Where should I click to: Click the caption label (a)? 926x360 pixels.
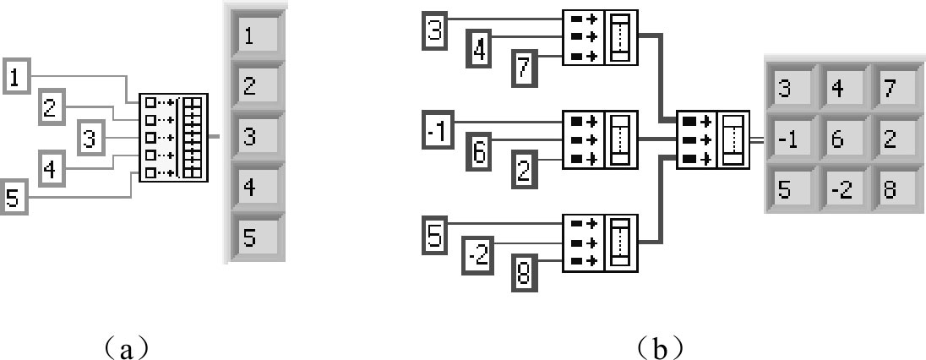(x=126, y=346)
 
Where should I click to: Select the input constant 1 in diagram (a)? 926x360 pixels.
(x=15, y=78)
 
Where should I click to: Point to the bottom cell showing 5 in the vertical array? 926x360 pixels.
(x=255, y=237)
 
